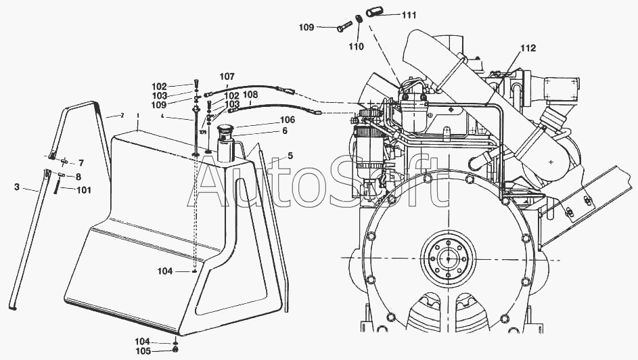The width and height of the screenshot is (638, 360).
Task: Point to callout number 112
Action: click(x=528, y=48)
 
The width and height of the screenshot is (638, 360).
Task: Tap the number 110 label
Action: click(x=356, y=47)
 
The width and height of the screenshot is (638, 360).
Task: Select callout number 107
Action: click(x=227, y=76)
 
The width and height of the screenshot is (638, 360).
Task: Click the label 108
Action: click(x=250, y=95)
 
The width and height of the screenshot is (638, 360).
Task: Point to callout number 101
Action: click(x=83, y=189)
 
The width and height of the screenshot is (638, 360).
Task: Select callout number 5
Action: click(x=290, y=156)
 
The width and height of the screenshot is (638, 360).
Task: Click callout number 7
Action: click(x=81, y=163)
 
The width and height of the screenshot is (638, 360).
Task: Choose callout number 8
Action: click(x=78, y=176)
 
